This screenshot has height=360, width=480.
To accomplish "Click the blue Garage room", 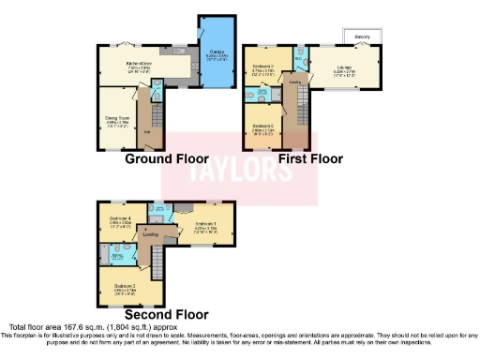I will tap(214, 54).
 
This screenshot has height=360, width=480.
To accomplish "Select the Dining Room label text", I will tap(116, 118).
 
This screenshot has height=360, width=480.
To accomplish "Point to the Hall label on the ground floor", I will tap(146, 131).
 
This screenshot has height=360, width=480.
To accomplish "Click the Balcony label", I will tap(362, 37).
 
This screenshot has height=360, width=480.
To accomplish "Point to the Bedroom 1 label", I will tap(207, 223).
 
